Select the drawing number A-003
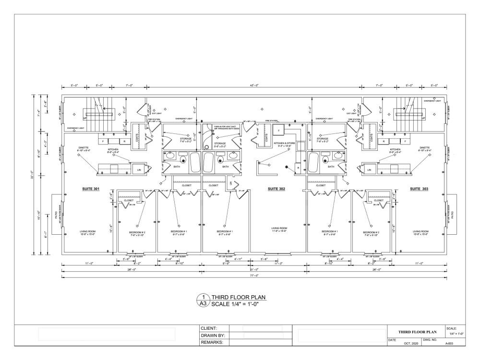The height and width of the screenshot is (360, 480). (x=450, y=344)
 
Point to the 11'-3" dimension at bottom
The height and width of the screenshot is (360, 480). (x=278, y=264)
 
